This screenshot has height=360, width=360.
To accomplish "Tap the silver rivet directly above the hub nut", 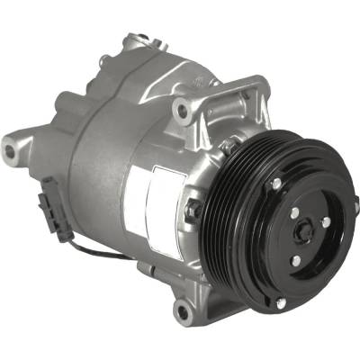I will [x=293, y=212].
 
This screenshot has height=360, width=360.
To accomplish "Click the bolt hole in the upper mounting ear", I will [x=184, y=112].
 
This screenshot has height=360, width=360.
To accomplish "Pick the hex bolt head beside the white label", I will [x=192, y=211].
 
